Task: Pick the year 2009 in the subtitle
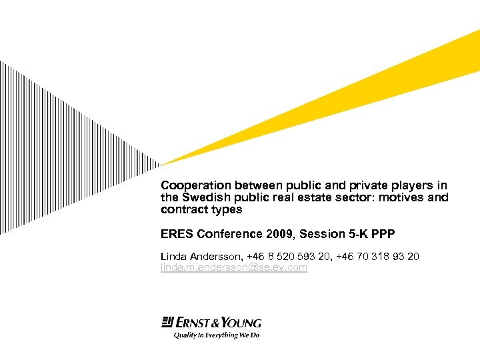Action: pos(281,233)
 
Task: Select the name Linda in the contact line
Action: pos(173,257)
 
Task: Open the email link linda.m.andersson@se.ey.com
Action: pos(234,267)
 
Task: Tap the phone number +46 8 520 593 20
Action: pos(287,257)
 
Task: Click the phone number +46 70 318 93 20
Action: pos(379,257)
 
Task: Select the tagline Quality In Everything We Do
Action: pos(216,335)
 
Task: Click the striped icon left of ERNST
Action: pos(167,323)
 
